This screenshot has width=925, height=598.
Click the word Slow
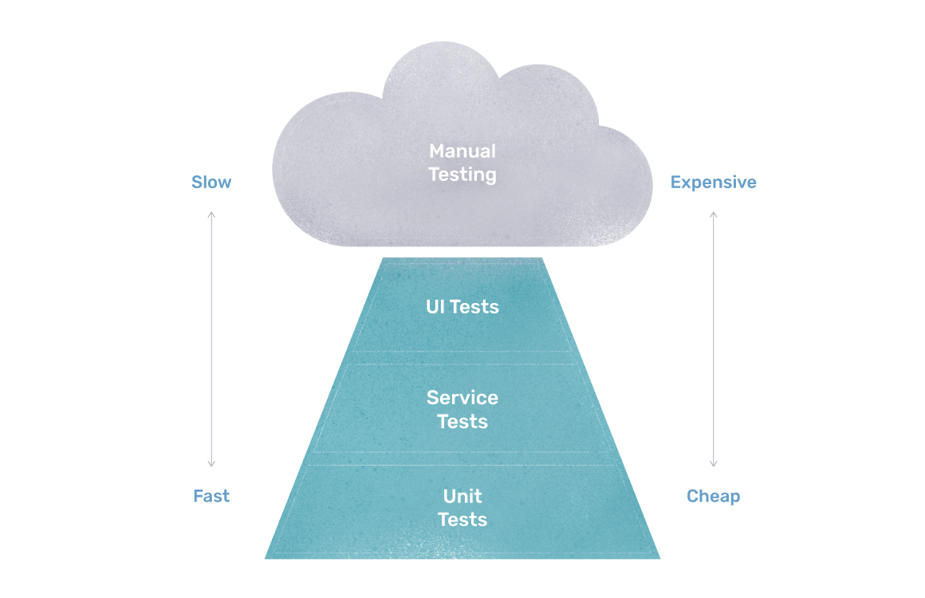(x=211, y=183)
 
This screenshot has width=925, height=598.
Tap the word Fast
(x=211, y=496)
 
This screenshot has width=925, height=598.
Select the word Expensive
(x=713, y=183)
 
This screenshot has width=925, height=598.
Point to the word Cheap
(x=713, y=496)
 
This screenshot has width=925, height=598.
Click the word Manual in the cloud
(x=462, y=151)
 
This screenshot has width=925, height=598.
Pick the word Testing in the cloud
(x=462, y=174)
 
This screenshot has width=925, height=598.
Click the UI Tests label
(x=462, y=307)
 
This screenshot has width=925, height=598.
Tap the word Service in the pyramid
(x=462, y=397)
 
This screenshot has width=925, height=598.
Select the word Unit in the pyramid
(x=462, y=496)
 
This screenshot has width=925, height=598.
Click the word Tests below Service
(x=462, y=421)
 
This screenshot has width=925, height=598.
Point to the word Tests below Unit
(x=462, y=520)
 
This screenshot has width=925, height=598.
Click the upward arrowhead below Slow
(x=211, y=214)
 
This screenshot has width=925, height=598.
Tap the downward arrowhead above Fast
(x=211, y=464)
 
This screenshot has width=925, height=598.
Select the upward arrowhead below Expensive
(x=714, y=214)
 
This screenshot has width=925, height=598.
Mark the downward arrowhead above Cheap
(x=714, y=464)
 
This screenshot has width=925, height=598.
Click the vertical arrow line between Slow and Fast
(x=211, y=339)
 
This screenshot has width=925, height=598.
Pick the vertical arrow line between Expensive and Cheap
(x=714, y=339)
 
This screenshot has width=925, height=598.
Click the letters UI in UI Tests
(x=435, y=307)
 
